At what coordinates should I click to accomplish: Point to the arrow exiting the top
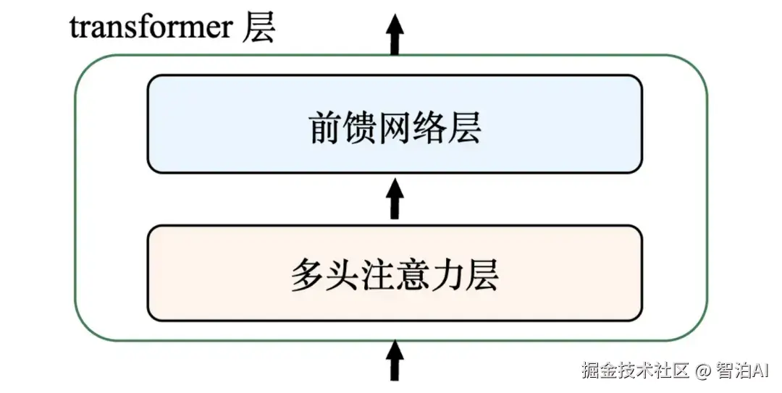[x=395, y=35]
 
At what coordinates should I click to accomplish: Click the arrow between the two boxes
[x=395, y=199]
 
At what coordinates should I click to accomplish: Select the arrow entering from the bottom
[x=395, y=360]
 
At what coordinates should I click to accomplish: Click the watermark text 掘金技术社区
[x=634, y=371]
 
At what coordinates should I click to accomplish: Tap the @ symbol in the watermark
[x=702, y=371]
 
